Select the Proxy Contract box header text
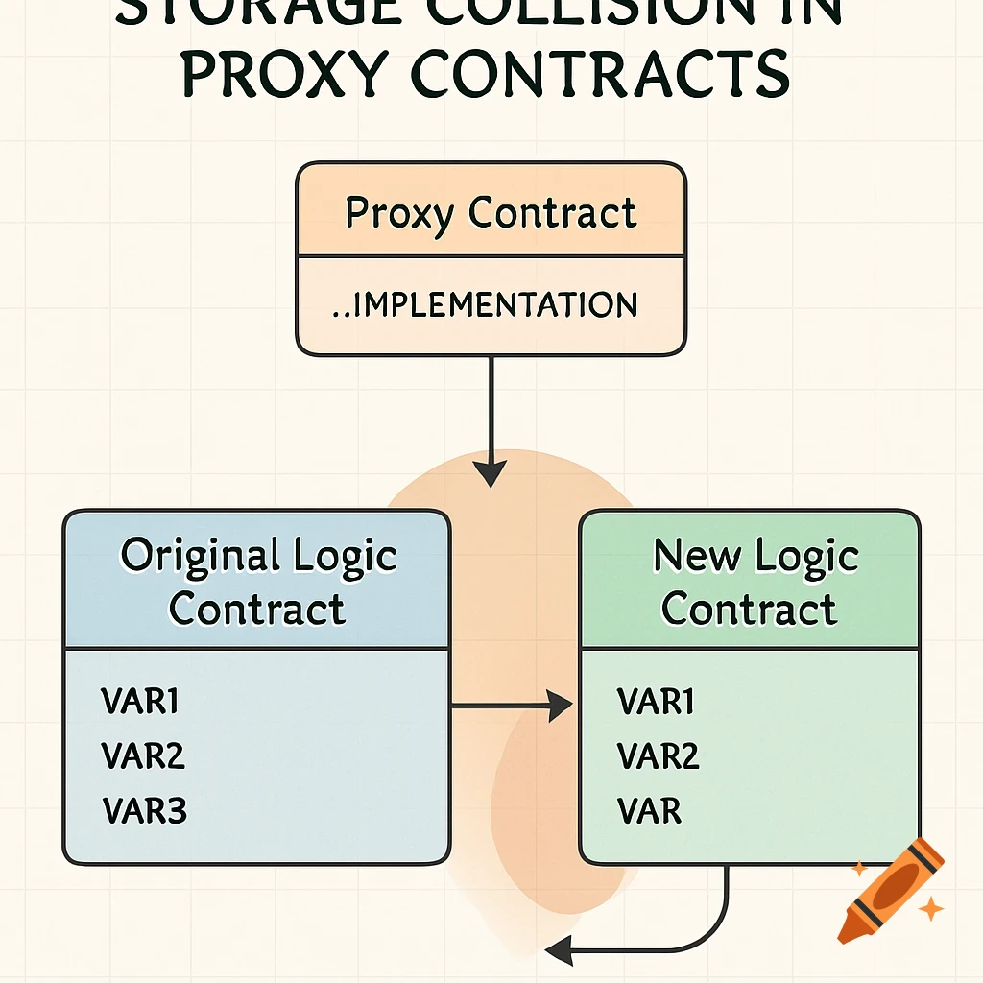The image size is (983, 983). pyautogui.click(x=491, y=212)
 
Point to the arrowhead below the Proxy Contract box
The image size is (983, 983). pyautogui.click(x=491, y=472)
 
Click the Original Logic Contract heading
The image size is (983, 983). pyautogui.click(x=257, y=583)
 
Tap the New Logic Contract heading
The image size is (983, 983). pyautogui.click(x=750, y=583)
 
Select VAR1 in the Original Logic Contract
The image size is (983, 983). pyautogui.click(x=140, y=702)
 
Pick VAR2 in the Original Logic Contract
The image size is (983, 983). pyautogui.click(x=143, y=756)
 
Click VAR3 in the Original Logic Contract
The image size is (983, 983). pyautogui.click(x=144, y=811)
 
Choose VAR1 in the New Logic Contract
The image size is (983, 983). pyautogui.click(x=657, y=702)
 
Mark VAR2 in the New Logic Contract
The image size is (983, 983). pyautogui.click(x=659, y=756)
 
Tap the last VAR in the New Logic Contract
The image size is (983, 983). pyautogui.click(x=650, y=811)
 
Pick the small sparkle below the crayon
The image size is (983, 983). pyautogui.click(x=929, y=908)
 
